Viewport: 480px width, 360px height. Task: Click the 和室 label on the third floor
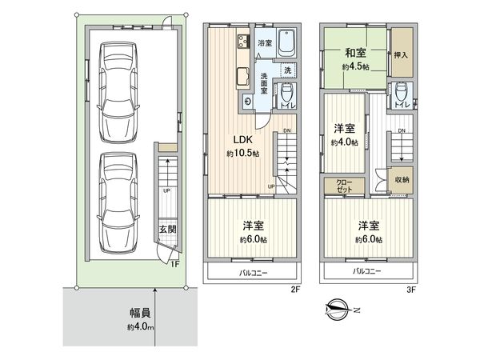pyautogui.click(x=355, y=54)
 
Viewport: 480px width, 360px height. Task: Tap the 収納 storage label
pyautogui.click(x=402, y=180)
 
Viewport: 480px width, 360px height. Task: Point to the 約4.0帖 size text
pyautogui.click(x=344, y=143)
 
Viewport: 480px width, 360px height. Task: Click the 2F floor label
pyautogui.click(x=294, y=290)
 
